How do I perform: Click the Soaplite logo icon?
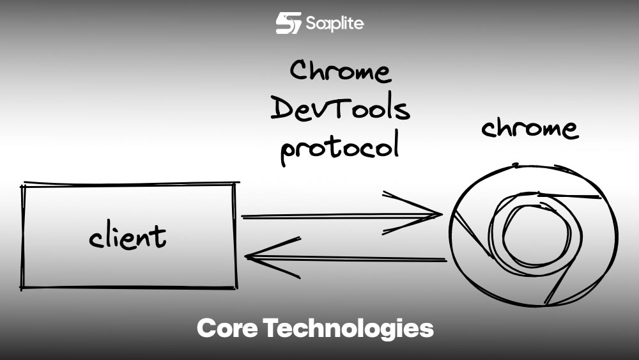[288, 23]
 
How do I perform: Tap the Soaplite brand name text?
[335, 24]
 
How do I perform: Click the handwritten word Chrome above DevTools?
[340, 72]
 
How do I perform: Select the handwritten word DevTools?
[340, 109]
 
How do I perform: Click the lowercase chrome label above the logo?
[530, 128]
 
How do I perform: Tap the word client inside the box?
[127, 237]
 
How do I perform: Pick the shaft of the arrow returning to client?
[358, 259]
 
